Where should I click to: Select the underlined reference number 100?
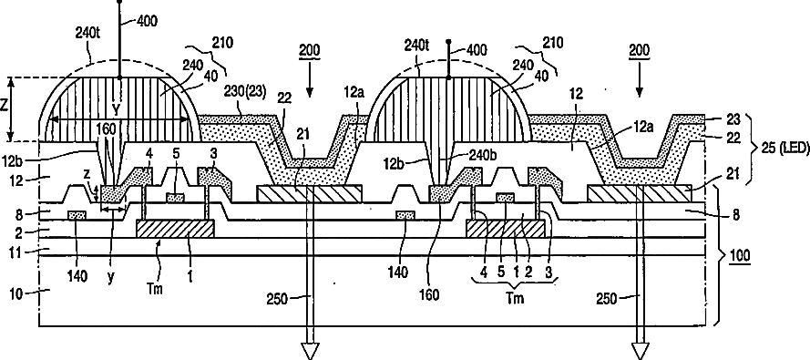742,254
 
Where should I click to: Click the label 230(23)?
245,92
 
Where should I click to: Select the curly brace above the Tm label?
515,281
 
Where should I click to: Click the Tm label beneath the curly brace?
514,298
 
